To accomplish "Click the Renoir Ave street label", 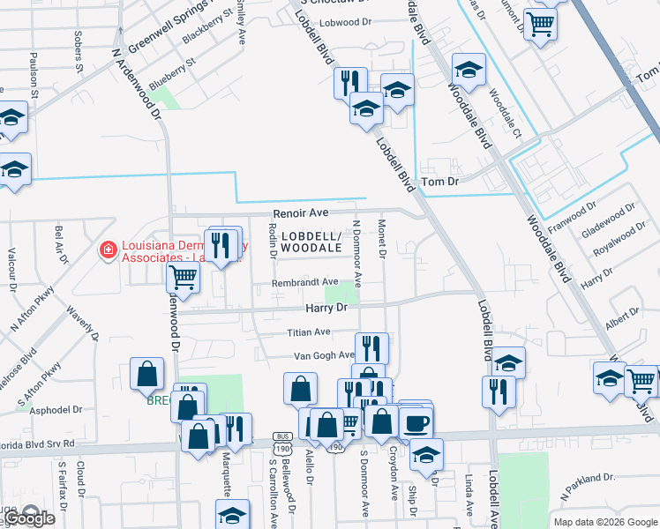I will pyautogui.click(x=299, y=213).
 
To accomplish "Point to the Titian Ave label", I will pyautogui.click(x=308, y=332).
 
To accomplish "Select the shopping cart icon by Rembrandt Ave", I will pyautogui.click(x=184, y=277).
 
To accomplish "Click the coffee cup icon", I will pyautogui.click(x=416, y=421).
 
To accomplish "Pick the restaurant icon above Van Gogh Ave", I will pyautogui.click(x=371, y=346).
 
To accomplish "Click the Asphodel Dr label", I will pyautogui.click(x=55, y=410).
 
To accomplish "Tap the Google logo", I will pyautogui.click(x=29, y=518).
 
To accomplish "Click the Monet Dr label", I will pyautogui.click(x=383, y=241).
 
